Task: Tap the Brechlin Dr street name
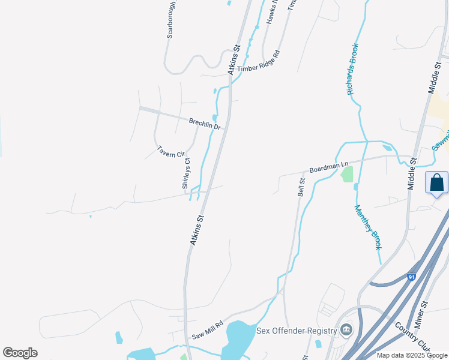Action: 205,124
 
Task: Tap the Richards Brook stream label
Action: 353,69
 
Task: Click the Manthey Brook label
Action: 368,228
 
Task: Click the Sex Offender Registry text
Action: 295,331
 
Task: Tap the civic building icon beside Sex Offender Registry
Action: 346,330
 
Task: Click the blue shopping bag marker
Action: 437,182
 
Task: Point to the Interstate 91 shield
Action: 411,277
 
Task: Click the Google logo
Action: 20,353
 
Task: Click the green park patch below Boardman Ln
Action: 346,175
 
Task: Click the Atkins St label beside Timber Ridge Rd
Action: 234,59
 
